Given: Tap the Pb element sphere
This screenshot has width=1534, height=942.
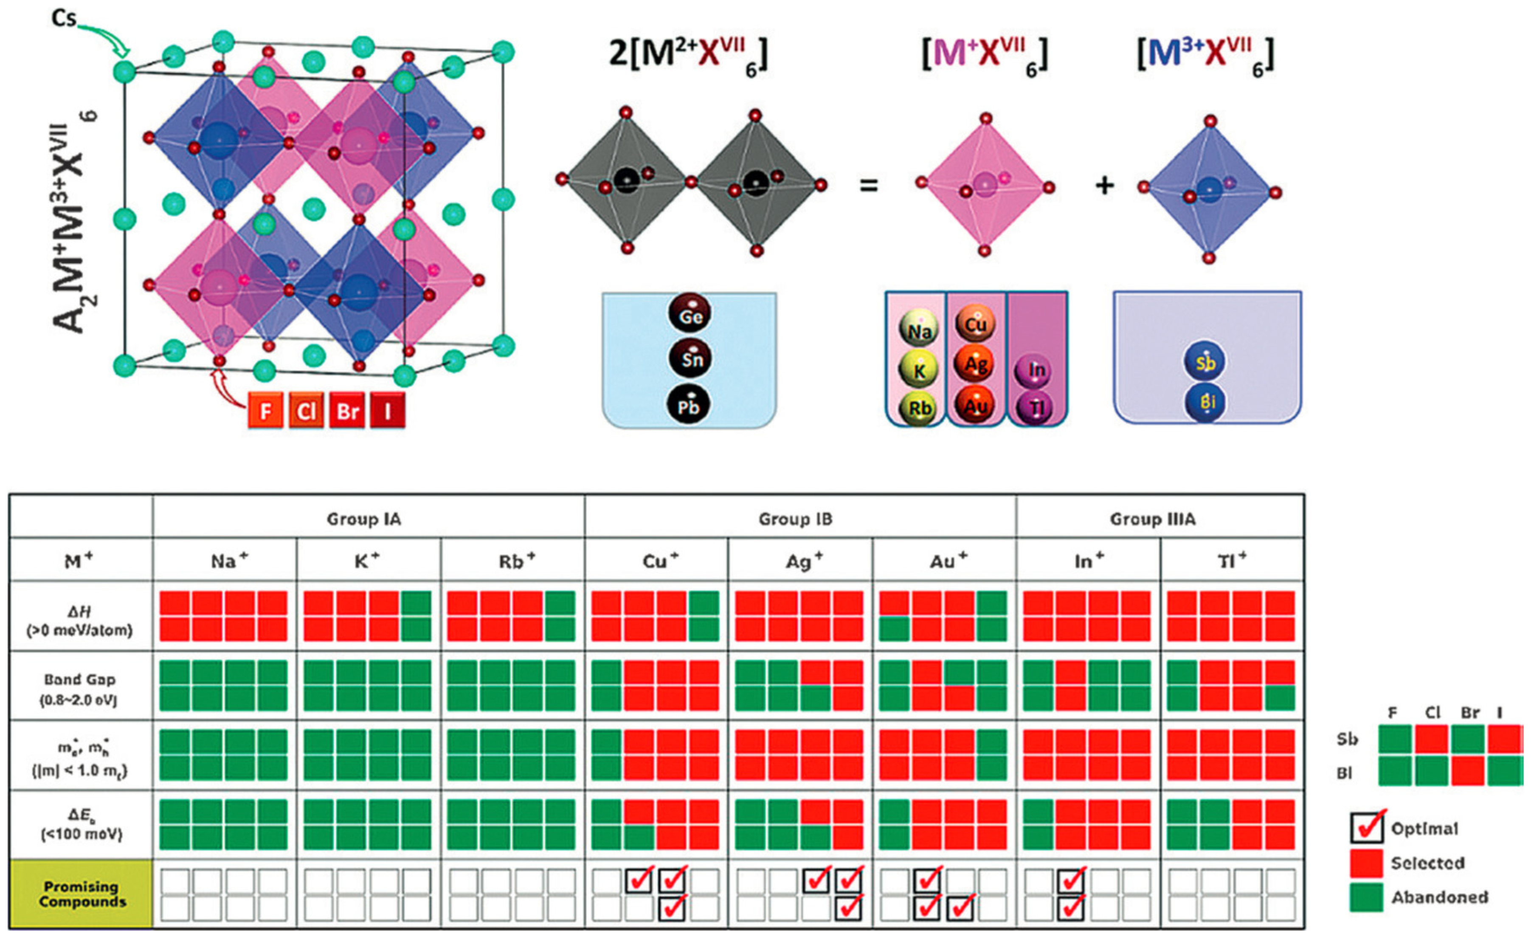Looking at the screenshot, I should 688,405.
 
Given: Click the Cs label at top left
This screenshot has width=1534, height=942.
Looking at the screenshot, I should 64,19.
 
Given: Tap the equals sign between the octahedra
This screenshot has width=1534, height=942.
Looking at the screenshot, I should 869,185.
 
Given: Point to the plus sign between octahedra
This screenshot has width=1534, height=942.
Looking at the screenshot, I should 1105,185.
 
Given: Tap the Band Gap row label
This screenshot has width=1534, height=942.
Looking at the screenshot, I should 80,688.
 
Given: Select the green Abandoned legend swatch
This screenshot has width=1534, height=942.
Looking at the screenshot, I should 1366,897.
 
